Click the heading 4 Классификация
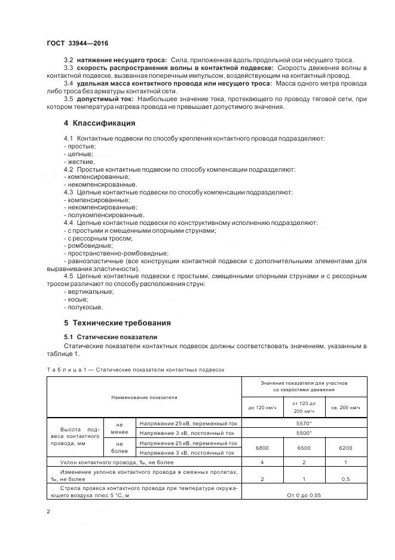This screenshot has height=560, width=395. pos(99,123)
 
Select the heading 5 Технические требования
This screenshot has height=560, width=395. pos(117,322)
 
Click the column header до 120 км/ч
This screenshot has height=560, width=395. pos(262,407)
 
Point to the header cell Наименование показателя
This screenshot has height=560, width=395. pos(143,397)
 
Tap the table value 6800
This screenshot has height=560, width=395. pos(262,448)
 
